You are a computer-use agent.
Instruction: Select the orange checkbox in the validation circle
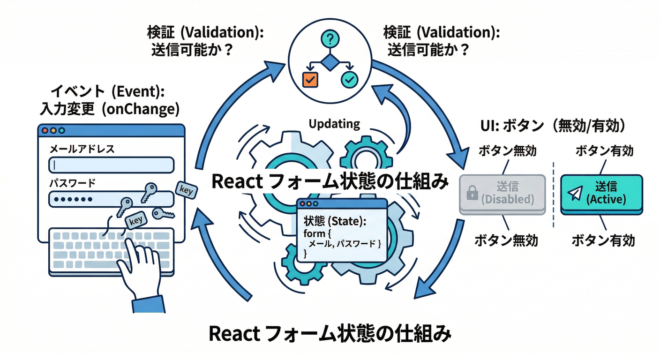310,80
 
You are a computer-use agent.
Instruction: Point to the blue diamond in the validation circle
330,62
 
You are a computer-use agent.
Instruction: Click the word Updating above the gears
334,124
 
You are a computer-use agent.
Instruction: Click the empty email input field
111,165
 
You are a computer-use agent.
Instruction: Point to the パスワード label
72,183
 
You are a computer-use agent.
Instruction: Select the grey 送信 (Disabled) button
502,194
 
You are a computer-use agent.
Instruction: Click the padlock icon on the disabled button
472,192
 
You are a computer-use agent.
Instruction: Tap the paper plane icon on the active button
575,192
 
